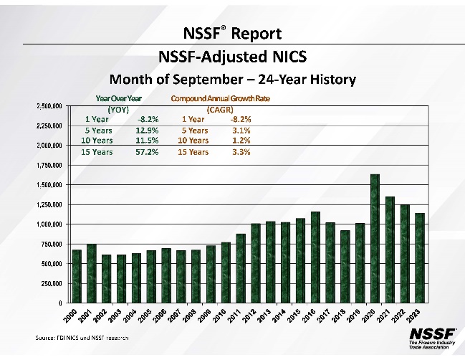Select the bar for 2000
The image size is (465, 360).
(77, 276)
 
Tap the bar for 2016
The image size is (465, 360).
(315, 257)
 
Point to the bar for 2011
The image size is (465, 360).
(241, 268)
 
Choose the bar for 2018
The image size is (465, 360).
(345, 267)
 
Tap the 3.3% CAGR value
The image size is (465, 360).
(241, 152)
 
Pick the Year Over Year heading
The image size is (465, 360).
(118, 98)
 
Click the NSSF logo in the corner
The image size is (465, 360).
(428, 338)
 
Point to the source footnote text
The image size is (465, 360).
(82, 336)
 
